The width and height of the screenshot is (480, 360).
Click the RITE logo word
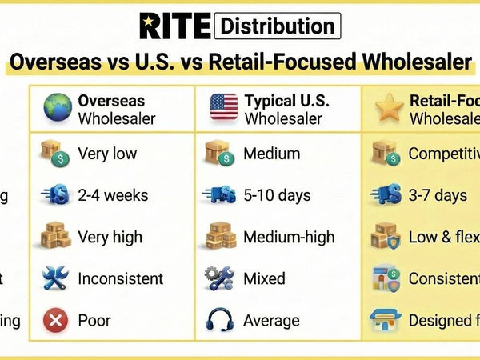click(x=175, y=26)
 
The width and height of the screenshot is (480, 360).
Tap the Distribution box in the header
click(x=278, y=26)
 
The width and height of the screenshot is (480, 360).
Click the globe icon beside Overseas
click(x=57, y=109)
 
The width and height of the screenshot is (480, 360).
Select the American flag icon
click(x=223, y=109)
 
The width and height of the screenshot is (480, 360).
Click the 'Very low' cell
click(x=107, y=154)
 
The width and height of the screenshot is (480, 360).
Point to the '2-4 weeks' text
click(x=113, y=195)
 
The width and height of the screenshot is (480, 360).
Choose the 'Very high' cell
click(x=110, y=237)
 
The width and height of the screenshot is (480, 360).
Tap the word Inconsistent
click(x=120, y=278)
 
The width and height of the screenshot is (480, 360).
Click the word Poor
click(x=94, y=321)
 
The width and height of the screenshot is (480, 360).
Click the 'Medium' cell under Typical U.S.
click(x=272, y=154)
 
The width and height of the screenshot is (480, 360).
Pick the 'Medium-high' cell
click(x=289, y=237)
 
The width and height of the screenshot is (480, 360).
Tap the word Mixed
click(x=264, y=278)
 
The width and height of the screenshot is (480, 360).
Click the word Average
click(x=272, y=321)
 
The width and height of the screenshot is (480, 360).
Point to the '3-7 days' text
click(x=438, y=195)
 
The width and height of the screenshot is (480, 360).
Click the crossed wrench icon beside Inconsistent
click(x=56, y=278)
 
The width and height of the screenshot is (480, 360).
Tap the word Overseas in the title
click(x=55, y=62)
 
